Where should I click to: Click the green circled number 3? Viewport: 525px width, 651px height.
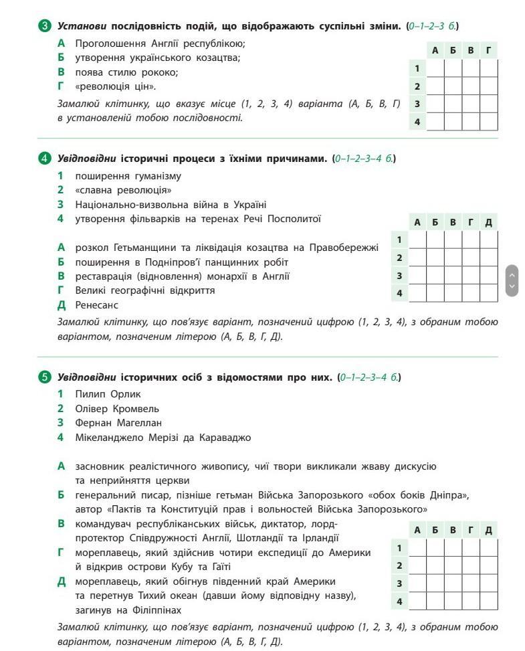(x=45, y=26)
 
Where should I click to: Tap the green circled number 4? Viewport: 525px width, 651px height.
(x=45, y=159)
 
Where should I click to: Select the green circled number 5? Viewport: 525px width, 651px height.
(x=45, y=377)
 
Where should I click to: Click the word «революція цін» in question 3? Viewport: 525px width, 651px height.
(x=108, y=86)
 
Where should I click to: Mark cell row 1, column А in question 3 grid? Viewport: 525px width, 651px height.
(x=435, y=68)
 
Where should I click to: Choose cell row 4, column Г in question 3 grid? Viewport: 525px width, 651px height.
(x=489, y=122)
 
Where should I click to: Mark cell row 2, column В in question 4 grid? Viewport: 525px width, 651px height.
(x=453, y=258)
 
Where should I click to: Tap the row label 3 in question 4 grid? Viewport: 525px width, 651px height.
(x=399, y=275)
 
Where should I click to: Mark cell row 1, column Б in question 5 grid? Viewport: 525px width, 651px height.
(x=435, y=548)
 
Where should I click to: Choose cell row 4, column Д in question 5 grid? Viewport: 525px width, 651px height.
(x=489, y=601)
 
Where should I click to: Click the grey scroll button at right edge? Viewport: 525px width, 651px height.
(x=512, y=280)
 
